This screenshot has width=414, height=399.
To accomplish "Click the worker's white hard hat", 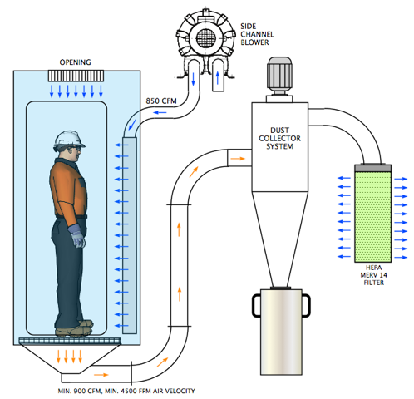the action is (x=69, y=139).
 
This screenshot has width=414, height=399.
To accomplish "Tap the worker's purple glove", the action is (x=77, y=235).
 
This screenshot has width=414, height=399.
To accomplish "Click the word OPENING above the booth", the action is (x=75, y=62).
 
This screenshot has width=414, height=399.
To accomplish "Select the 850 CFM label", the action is (x=161, y=101).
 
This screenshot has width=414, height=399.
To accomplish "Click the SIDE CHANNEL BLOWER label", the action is (x=257, y=34).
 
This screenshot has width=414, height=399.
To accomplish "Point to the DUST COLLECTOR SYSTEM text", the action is (x=279, y=138).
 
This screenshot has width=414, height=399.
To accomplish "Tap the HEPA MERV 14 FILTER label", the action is (x=373, y=275).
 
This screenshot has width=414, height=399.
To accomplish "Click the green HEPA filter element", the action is (x=373, y=217).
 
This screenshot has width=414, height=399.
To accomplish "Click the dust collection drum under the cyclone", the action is (x=281, y=332).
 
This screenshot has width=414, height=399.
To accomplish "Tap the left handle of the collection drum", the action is (x=255, y=305).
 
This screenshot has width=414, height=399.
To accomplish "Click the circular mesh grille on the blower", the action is (x=205, y=38).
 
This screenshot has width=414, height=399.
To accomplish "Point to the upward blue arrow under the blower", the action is (x=218, y=78).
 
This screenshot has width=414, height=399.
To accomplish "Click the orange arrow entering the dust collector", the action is (x=238, y=159).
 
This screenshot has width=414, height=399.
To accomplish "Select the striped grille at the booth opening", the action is (x=76, y=76).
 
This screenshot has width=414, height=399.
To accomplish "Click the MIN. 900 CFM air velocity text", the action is (x=126, y=391).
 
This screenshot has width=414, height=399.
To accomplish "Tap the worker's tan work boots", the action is (x=74, y=328).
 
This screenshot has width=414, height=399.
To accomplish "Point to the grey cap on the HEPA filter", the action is (x=373, y=168).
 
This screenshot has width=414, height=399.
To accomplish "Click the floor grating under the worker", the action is (x=70, y=341).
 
